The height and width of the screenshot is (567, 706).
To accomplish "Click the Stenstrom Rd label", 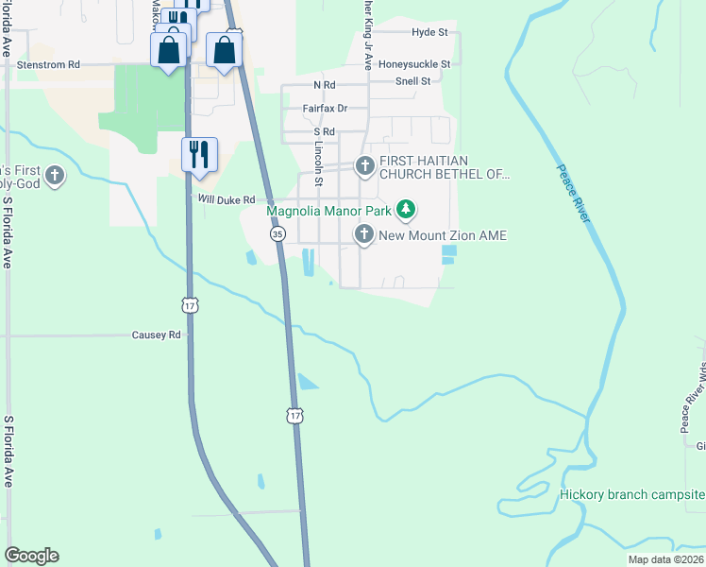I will click(49, 64).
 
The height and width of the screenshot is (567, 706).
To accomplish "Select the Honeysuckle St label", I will click(414, 64).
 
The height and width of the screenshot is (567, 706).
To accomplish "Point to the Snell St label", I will click(412, 81).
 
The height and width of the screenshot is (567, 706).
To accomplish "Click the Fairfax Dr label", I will click(325, 109).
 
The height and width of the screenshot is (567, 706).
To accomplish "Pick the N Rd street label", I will click(325, 85).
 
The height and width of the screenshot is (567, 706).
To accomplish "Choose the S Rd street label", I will click(325, 132).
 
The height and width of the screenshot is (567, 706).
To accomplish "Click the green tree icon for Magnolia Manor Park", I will click(406, 209).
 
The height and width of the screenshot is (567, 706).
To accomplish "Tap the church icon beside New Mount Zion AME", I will click(364, 234).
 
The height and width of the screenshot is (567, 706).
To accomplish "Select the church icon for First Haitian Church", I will click(364, 167).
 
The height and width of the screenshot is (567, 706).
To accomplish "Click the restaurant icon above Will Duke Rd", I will click(199, 153).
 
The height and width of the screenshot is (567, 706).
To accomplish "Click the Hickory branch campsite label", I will click(631, 494).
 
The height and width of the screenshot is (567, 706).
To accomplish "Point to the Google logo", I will click(31, 556).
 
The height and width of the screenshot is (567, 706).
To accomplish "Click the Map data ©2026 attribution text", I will click(665, 559).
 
